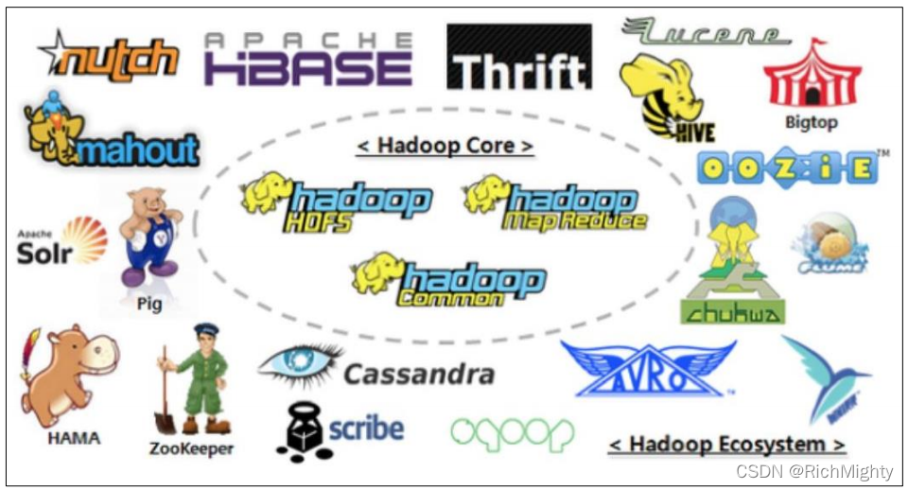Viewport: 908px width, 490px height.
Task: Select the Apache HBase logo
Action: click(308, 59)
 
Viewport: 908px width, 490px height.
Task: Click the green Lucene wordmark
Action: click(704, 32)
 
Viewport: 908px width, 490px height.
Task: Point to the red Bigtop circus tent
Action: click(812, 76)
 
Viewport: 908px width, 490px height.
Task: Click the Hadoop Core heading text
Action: click(444, 146)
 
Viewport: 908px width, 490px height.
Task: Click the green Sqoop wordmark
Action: click(512, 431)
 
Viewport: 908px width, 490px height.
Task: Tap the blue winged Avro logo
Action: click(647, 369)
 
